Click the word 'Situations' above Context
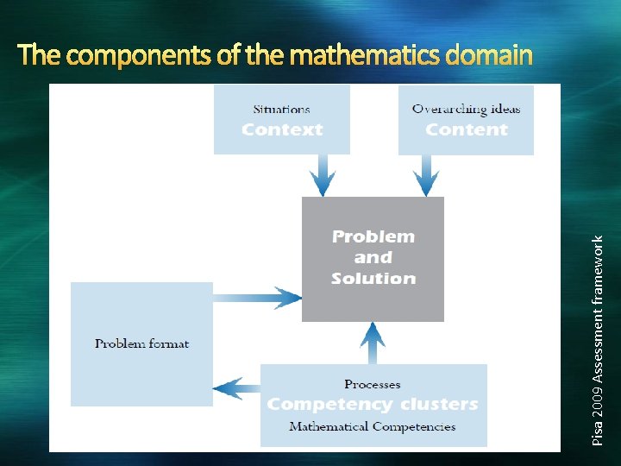(x=281, y=110)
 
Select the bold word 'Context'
(x=282, y=130)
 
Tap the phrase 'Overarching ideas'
(x=466, y=110)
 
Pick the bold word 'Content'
(x=466, y=130)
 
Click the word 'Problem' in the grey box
(x=373, y=236)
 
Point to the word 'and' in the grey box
(x=373, y=257)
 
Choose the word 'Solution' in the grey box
(x=373, y=278)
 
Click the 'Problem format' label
(x=141, y=343)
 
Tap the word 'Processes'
(x=373, y=384)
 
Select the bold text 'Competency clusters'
(x=373, y=404)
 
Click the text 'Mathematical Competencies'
(x=373, y=426)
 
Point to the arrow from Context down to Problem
(x=323, y=175)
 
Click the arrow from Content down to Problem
(x=425, y=175)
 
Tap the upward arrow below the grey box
(x=373, y=343)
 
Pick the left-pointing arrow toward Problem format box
(x=236, y=388)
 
